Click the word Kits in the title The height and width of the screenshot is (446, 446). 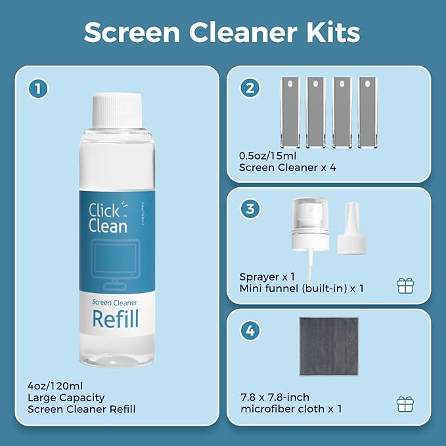point(335,32)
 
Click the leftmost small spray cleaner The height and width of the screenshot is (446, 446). point(290,112)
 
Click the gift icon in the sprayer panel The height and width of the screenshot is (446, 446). point(405,286)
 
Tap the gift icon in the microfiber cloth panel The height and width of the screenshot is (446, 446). point(405,403)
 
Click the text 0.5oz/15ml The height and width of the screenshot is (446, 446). point(266,156)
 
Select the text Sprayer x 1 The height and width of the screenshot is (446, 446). point(267,277)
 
